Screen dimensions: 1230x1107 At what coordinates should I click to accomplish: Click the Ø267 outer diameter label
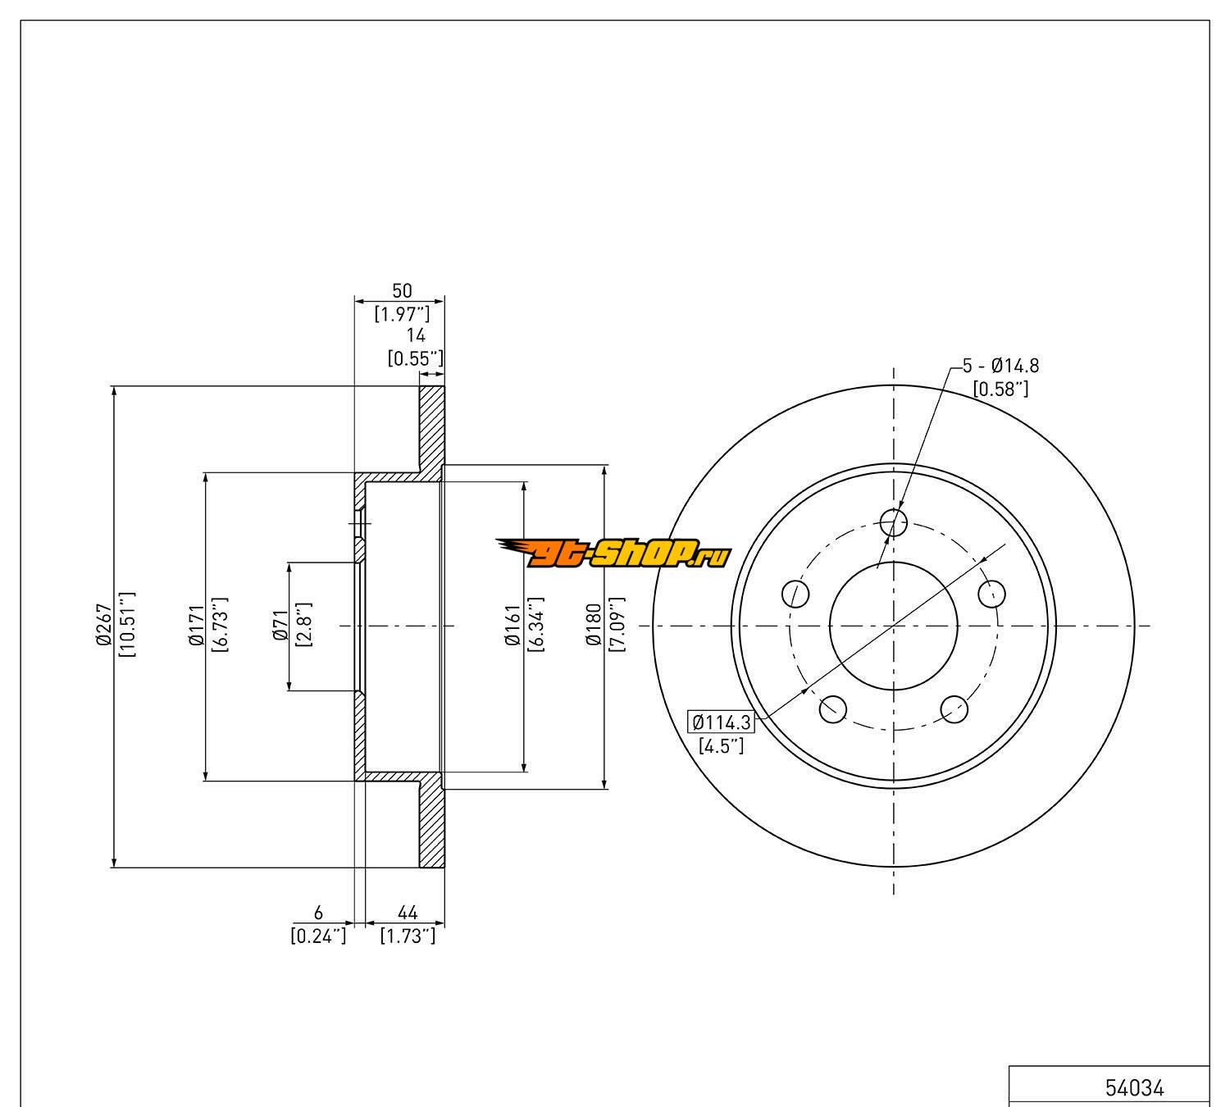pos(103,625)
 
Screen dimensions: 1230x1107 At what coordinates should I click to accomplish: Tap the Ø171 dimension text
pos(196,625)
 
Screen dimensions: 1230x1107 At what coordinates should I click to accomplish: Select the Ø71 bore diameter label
pos(280,625)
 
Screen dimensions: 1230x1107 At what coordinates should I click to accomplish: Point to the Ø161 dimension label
pos(512,625)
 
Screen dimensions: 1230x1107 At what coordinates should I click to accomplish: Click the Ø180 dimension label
pos(594,625)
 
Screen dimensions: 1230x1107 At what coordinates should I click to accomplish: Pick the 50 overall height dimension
pos(403,291)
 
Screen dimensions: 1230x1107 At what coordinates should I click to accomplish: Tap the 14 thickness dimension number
pos(416,335)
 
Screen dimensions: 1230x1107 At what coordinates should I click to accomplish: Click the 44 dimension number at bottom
pos(408,913)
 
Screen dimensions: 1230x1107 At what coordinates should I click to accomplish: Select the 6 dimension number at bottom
pos(318,913)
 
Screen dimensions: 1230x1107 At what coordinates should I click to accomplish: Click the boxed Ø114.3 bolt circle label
pos(721,722)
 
